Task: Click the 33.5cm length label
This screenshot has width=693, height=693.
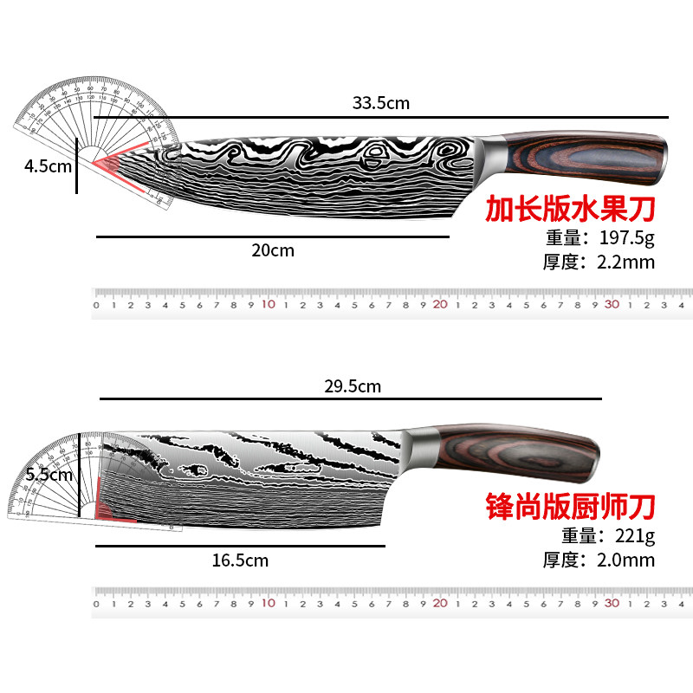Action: pyautogui.click(x=380, y=104)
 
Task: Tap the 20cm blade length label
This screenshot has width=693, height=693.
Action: pyautogui.click(x=273, y=251)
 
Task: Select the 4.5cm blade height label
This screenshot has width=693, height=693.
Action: pyautogui.click(x=48, y=166)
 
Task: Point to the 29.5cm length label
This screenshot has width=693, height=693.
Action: pyautogui.click(x=353, y=386)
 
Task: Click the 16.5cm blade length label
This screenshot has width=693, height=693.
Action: pyautogui.click(x=240, y=560)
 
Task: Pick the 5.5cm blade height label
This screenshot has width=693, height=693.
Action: pyautogui.click(x=49, y=475)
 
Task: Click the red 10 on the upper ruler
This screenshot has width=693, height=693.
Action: pyautogui.click(x=268, y=305)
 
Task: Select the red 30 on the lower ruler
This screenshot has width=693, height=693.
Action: pyautogui.click(x=612, y=603)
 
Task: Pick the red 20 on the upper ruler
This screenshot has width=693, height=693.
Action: pyautogui.click(x=439, y=305)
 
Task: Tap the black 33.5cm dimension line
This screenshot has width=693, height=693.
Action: pyautogui.click(x=520, y=116)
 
